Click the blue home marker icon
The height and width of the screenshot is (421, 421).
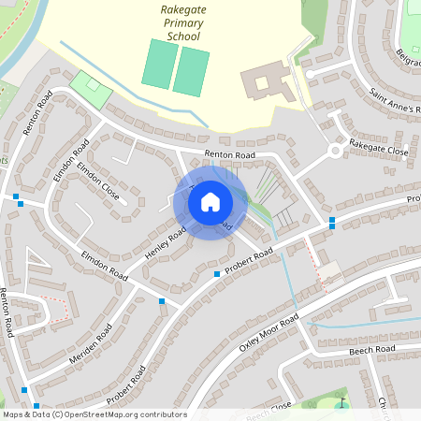pyautogui.click(x=210, y=201)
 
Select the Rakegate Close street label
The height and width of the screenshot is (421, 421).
pyautogui.click(x=379, y=150)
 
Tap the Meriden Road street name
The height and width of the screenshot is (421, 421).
pyautogui.click(x=90, y=346)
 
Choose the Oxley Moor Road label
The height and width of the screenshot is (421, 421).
pyautogui.click(x=269, y=332)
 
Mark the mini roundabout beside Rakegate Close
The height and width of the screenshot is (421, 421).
pyautogui.click(x=335, y=151)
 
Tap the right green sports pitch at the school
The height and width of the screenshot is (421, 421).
pyautogui.click(x=191, y=71)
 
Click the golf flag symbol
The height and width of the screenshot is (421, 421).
pyautogui.click(x=341, y=404)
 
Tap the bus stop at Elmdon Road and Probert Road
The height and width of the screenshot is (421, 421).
pyautogui.click(x=162, y=301)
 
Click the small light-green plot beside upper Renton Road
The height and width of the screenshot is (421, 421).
pyautogui.click(x=91, y=88)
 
